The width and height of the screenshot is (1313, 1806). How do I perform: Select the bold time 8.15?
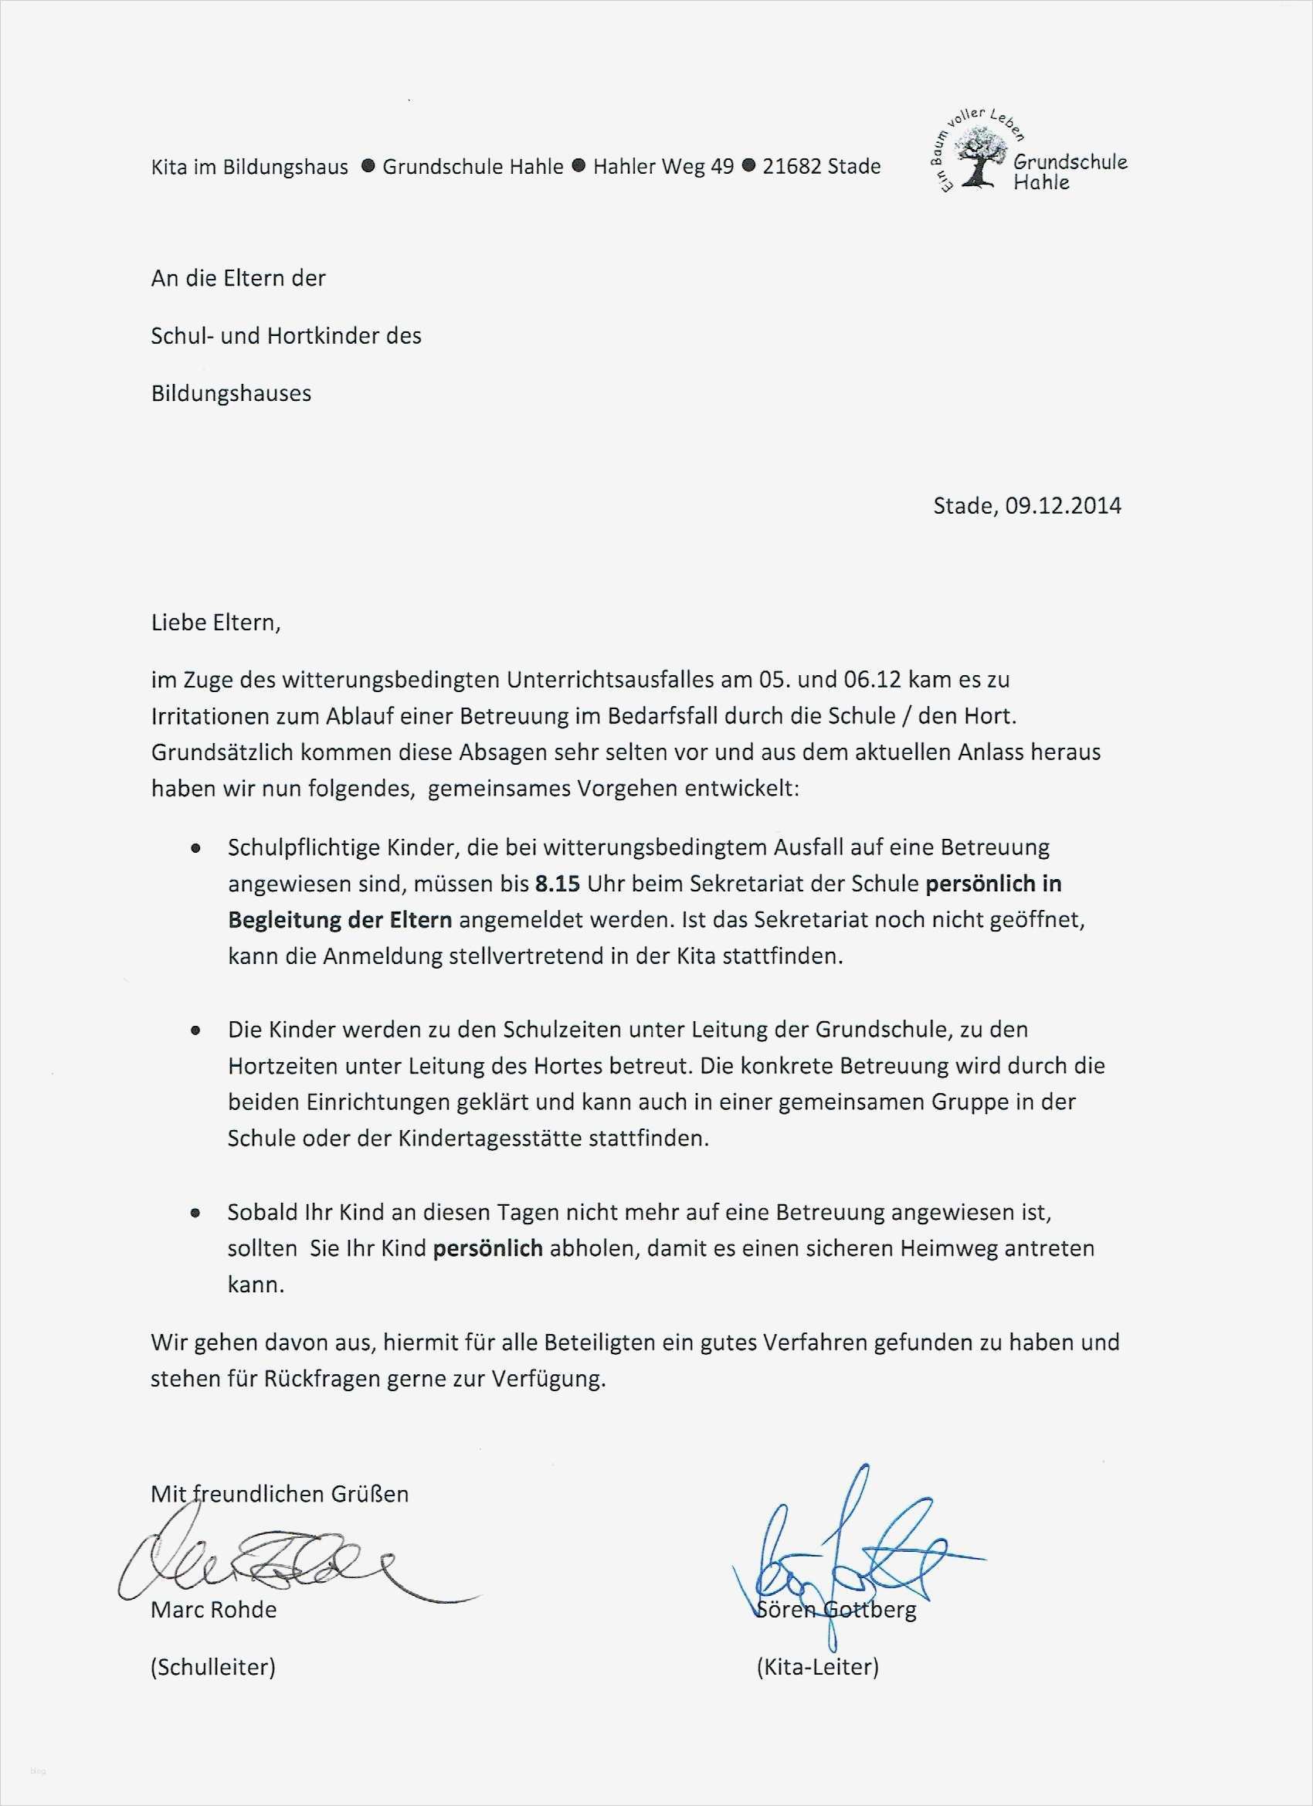557,884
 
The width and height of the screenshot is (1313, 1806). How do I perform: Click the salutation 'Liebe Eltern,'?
215,623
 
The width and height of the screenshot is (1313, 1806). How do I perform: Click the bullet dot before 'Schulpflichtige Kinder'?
195,850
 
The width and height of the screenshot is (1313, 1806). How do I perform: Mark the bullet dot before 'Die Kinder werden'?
195,1031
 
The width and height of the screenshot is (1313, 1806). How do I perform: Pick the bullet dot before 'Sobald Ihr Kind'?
195,1214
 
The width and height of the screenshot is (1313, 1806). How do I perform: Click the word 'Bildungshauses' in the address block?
231,394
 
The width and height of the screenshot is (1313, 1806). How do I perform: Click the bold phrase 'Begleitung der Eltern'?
340,921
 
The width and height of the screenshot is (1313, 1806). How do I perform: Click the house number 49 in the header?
722,167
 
